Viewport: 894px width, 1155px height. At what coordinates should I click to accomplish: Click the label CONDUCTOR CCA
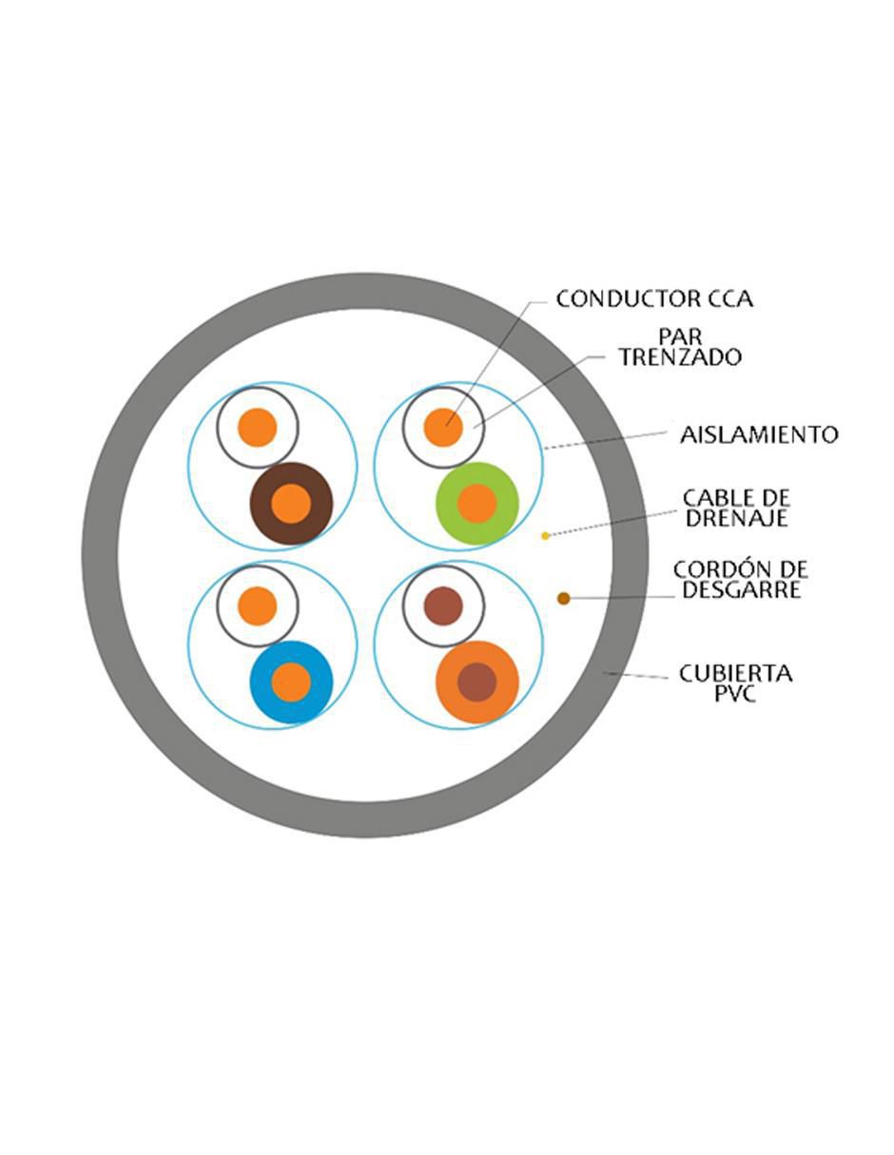pos(654,298)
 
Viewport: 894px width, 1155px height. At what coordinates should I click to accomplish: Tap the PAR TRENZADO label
pos(680,347)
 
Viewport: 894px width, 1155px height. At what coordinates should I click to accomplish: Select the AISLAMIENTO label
pos(759,434)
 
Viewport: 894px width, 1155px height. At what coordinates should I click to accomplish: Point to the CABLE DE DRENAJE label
pos(736,509)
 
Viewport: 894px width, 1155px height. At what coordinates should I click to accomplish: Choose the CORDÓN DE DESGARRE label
pos(741,580)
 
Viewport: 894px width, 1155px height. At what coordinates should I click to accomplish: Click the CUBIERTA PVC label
pos(735,683)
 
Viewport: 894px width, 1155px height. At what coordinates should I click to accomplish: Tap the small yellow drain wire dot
pos(545,536)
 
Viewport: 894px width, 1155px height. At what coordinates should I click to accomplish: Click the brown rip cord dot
pos(563,599)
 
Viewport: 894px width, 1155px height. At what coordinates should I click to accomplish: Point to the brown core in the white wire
pos(443,606)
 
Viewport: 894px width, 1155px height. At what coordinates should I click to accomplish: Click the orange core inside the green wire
pos(476,504)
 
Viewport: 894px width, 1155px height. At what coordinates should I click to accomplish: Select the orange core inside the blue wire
pos(291,683)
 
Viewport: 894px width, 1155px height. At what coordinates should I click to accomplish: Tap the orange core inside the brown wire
pos(291,504)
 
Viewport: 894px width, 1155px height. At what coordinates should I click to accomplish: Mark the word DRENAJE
pos(736,518)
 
